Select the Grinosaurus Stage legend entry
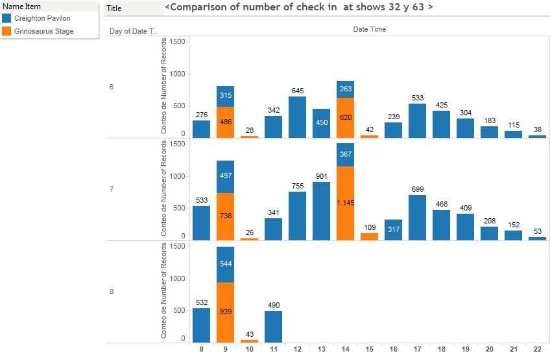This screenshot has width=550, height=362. coord(43,31)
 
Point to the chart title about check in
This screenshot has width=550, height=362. coord(299,7)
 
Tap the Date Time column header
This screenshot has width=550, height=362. coord(369,29)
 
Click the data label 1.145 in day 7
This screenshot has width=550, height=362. coord(346,203)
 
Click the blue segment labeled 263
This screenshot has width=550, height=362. coord(346,89)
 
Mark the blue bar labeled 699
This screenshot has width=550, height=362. coord(418,218)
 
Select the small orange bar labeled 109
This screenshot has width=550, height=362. coord(370,236)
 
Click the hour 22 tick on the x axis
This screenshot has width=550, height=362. coord(537,350)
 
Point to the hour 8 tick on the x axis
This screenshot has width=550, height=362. coord(202,350)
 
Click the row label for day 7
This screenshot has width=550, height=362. coord(112,189)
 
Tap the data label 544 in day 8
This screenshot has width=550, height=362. coord(226,264)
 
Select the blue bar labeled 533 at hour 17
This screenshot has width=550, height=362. coord(418,120)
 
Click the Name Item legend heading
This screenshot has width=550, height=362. coord(23,6)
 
